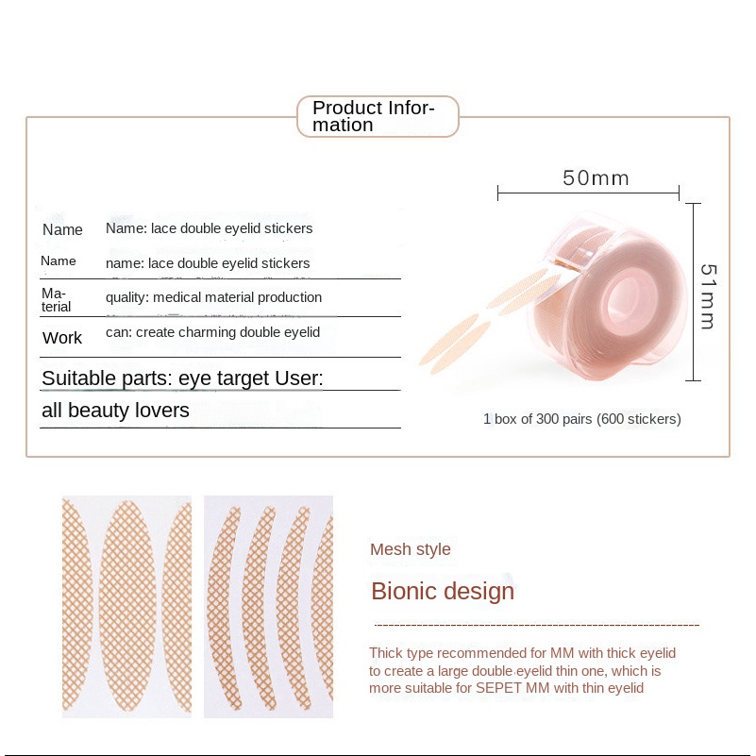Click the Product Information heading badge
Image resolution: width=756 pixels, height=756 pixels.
tap(378, 116)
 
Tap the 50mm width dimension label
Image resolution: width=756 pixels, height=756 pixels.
tap(596, 178)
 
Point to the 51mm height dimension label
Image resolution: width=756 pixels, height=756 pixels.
tap(708, 296)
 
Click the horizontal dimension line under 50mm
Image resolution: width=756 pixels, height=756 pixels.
tap(588, 193)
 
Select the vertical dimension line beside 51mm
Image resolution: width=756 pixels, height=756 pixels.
tap(693, 293)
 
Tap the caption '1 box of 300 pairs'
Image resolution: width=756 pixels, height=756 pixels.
tap(582, 419)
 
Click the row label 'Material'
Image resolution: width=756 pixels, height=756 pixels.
tap(56, 300)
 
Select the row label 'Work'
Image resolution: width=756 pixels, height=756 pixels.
tap(62, 338)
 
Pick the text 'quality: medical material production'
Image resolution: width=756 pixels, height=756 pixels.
tap(213, 297)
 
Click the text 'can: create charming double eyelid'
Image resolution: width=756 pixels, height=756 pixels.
tap(212, 332)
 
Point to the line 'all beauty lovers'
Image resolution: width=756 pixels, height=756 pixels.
tap(115, 411)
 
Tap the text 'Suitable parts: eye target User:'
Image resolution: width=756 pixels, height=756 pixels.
tap(182, 378)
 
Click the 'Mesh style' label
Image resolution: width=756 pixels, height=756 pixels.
tap(411, 549)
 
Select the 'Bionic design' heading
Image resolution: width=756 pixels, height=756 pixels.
tap(443, 591)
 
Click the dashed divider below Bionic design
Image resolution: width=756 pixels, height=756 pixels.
tap(537, 626)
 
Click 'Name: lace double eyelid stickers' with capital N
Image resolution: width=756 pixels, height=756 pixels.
tap(210, 228)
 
